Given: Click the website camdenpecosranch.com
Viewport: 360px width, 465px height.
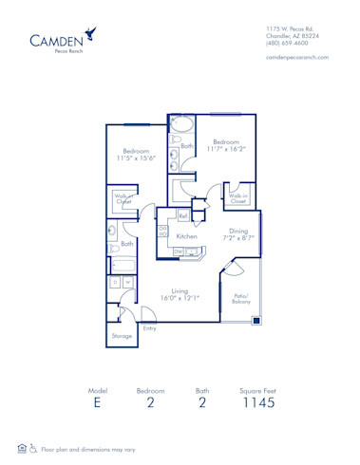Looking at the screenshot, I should pyautogui.click(x=297, y=58).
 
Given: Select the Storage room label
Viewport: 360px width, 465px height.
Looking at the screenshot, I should pyautogui.click(x=122, y=336).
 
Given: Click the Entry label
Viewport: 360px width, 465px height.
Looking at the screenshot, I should pyautogui.click(x=149, y=328).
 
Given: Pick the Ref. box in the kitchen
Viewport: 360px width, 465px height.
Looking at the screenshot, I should pyautogui.click(x=182, y=216).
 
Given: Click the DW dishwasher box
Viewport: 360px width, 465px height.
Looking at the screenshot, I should pyautogui.click(x=178, y=251).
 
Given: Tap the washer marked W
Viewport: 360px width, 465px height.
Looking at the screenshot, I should pyautogui.click(x=127, y=282).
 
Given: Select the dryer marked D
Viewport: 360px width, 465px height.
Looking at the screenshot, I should pyautogui.click(x=116, y=282).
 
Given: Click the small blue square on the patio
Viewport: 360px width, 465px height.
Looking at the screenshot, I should pyautogui.click(x=256, y=321).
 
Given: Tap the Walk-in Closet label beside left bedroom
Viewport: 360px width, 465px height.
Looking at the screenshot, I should pyautogui.click(x=123, y=200).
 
